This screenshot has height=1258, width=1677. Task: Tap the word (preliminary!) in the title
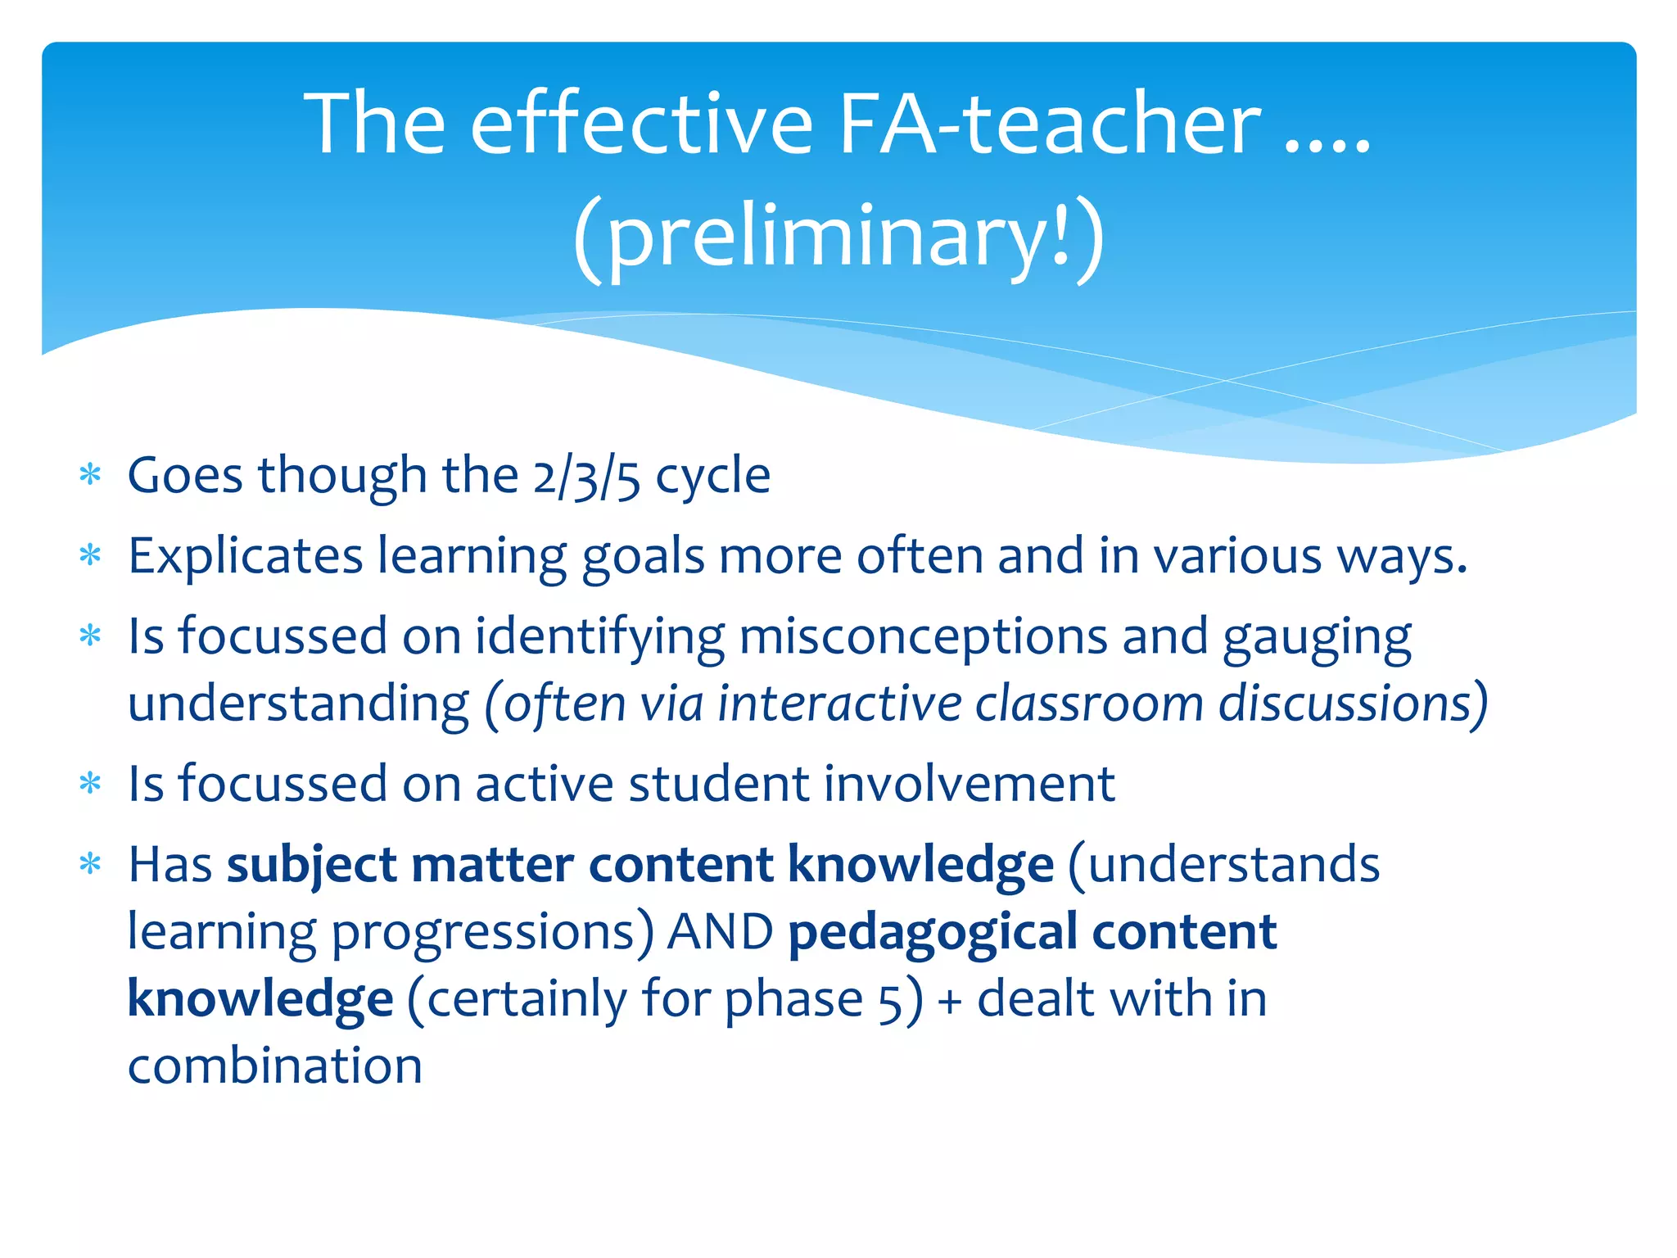pyautogui.click(x=838, y=238)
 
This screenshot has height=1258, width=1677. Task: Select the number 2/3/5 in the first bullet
pyautogui.click(x=586, y=477)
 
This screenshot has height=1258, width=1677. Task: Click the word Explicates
pyautogui.click(x=245, y=557)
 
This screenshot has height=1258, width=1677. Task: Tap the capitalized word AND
pyautogui.click(x=720, y=933)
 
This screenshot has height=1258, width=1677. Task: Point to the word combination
pyautogui.click(x=275, y=1066)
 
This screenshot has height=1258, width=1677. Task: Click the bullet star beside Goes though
pyautogui.click(x=90, y=475)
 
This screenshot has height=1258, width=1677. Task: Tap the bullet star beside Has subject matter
pyautogui.click(x=90, y=865)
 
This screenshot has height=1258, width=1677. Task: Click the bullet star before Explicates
pyautogui.click(x=90, y=556)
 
